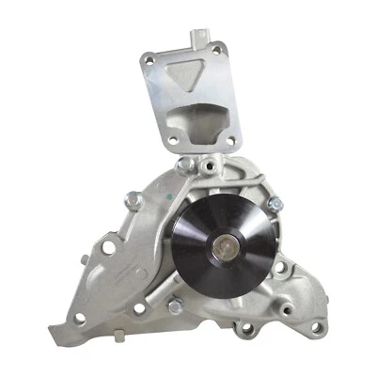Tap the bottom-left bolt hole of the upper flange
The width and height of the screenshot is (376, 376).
tap(170, 143)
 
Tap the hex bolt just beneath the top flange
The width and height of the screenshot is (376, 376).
tap(187, 165)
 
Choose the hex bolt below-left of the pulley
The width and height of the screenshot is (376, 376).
tap(175, 306)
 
